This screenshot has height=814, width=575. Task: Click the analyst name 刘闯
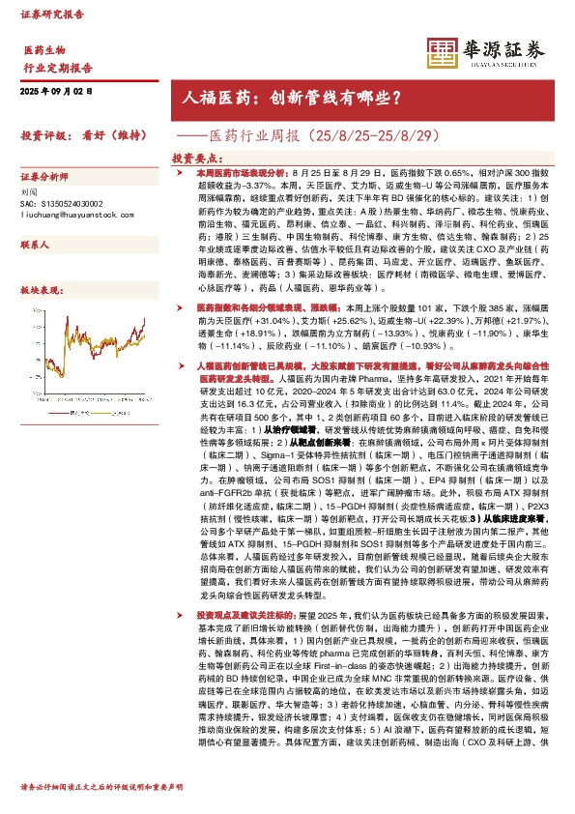click(x=30, y=192)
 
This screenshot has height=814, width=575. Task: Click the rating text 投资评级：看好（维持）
click(x=77, y=134)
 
